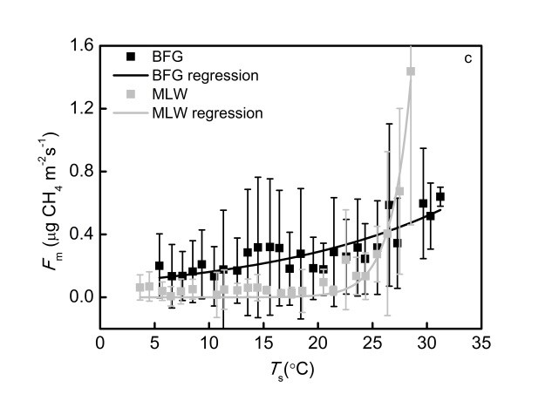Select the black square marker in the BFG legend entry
pos(131,58)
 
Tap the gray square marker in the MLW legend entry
pos(131,94)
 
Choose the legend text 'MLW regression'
pos(208,112)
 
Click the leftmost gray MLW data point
pos(140,288)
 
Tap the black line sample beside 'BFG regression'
pos(131,76)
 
